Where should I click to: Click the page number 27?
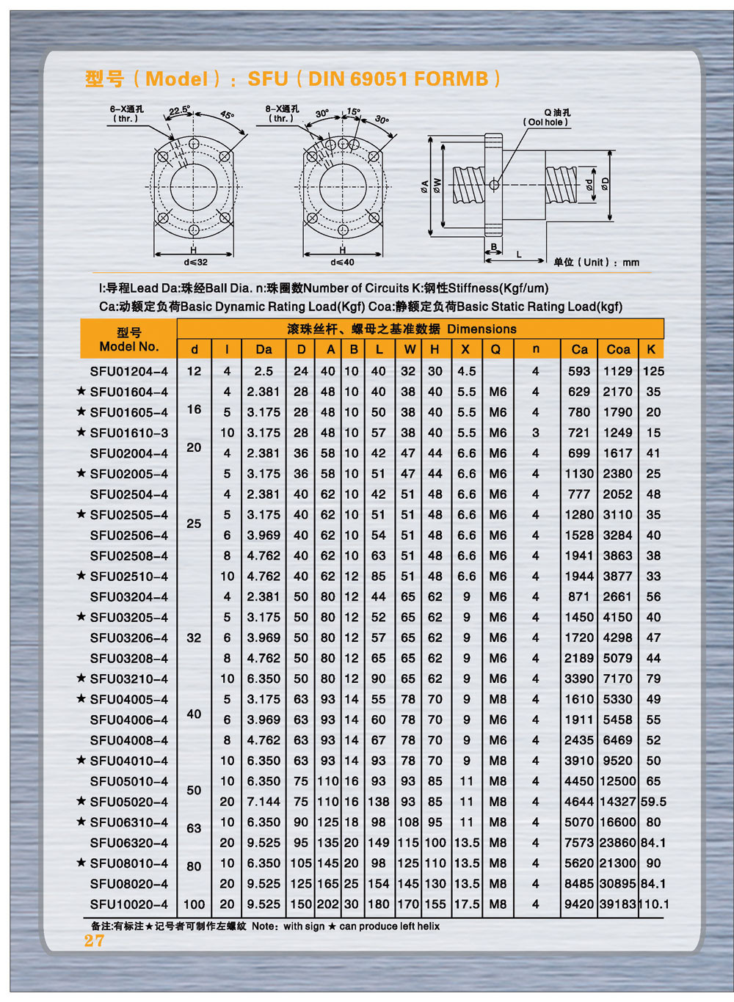(94, 940)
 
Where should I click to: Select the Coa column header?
(617, 349)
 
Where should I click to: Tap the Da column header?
(264, 349)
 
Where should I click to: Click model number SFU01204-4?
(129, 371)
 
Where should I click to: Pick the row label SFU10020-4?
(129, 904)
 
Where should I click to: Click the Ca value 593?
(578, 371)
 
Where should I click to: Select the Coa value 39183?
(617, 904)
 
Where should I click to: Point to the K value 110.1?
(653, 904)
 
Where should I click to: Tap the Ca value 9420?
(578, 904)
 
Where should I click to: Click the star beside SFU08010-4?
(81, 862)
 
